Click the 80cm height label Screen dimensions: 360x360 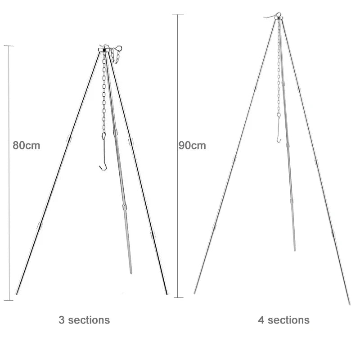click(26, 145)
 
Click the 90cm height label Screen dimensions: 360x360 click(192, 145)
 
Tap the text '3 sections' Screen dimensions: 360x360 click(84, 320)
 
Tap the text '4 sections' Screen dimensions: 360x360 click(283, 320)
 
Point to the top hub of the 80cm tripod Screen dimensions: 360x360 click(105, 49)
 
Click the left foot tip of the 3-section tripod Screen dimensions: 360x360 click(17, 294)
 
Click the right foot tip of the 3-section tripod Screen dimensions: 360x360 click(167, 294)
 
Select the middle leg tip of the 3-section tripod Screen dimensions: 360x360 click(131, 273)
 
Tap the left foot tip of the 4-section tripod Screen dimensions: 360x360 click(194, 293)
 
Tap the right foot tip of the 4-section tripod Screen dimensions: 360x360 click(349, 304)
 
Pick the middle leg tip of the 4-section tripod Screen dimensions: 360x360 click(295, 250)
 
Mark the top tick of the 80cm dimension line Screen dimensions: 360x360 click(9, 46)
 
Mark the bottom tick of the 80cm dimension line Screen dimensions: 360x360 click(9, 300)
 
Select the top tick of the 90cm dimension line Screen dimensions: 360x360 click(178, 14)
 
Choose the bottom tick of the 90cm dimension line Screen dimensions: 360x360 click(178, 297)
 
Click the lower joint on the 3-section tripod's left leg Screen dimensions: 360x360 click(40, 226)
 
